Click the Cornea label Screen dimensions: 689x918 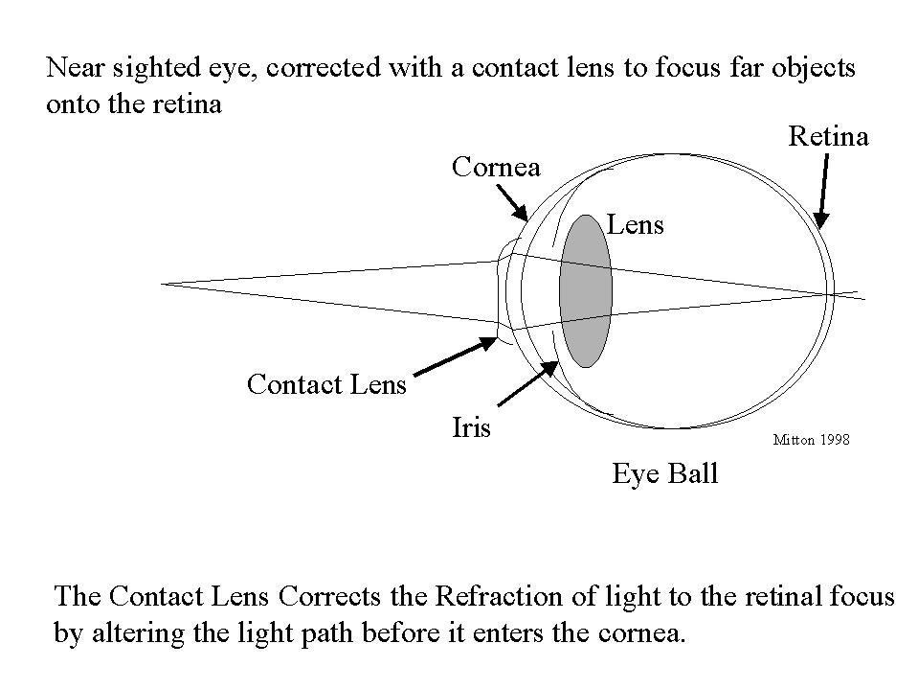coord(496,168)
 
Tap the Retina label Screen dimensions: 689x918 coord(828,137)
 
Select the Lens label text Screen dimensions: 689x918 coord(636,225)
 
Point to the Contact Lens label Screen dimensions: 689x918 coord(326,385)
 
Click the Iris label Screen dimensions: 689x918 coord(471,427)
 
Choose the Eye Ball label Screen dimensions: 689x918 coord(665,473)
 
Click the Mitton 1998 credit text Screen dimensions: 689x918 coord(810,441)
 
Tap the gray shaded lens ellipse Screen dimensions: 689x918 coord(586,290)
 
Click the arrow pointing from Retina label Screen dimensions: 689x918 coord(823,192)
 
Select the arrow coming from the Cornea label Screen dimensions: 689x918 coord(511,201)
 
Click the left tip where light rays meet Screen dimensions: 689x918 coord(165,284)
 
